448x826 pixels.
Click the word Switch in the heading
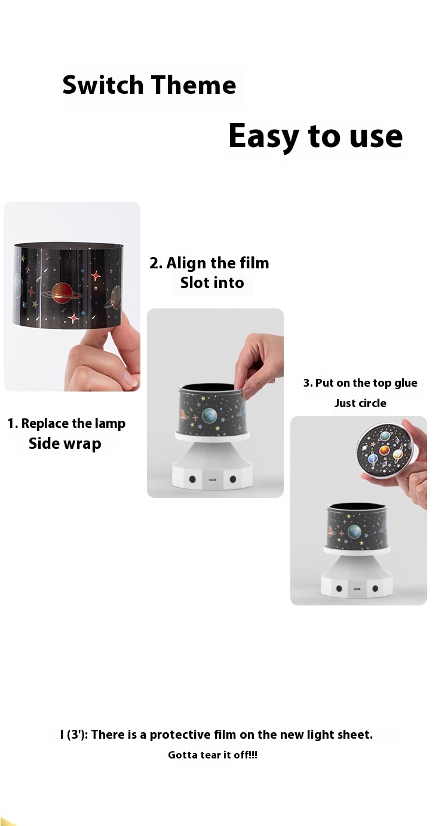(x=103, y=85)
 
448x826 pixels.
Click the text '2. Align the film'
(x=209, y=263)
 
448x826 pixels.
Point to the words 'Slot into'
(x=212, y=283)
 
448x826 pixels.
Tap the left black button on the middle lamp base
(x=192, y=479)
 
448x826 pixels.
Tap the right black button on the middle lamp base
(x=233, y=479)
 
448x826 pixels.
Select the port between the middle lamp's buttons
(x=213, y=479)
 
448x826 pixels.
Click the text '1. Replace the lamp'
(x=66, y=424)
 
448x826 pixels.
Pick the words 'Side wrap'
(x=65, y=443)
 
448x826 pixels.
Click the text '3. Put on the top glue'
(x=360, y=383)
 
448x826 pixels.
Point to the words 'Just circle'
(x=360, y=403)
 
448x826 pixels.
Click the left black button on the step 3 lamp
(x=339, y=589)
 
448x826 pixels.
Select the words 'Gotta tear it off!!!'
(x=213, y=755)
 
